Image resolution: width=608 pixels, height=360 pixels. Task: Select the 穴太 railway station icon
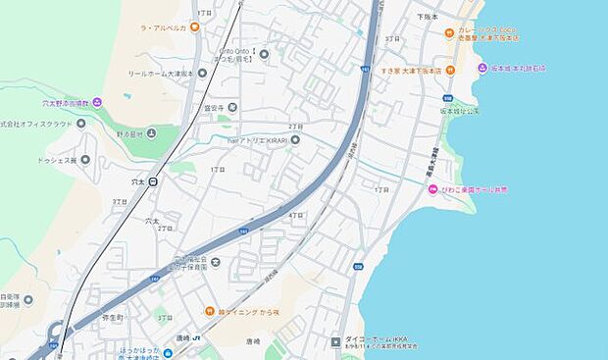click(x=153, y=181)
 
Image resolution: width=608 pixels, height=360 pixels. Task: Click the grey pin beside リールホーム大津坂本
click(x=202, y=73)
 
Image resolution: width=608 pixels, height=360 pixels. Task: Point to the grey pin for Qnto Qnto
click(x=264, y=54)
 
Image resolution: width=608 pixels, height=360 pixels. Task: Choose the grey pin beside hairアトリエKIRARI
click(x=295, y=141)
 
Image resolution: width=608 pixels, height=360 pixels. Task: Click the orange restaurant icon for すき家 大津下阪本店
click(x=450, y=69)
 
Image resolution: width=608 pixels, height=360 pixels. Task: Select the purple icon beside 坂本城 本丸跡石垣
click(x=481, y=69)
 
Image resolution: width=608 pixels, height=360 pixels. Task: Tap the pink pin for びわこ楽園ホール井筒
click(x=432, y=189)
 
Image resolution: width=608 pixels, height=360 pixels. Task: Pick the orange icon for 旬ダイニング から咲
click(x=209, y=312)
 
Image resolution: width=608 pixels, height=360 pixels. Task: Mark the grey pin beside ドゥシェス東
click(x=85, y=159)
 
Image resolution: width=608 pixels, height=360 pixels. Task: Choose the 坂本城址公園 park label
click(x=459, y=111)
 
